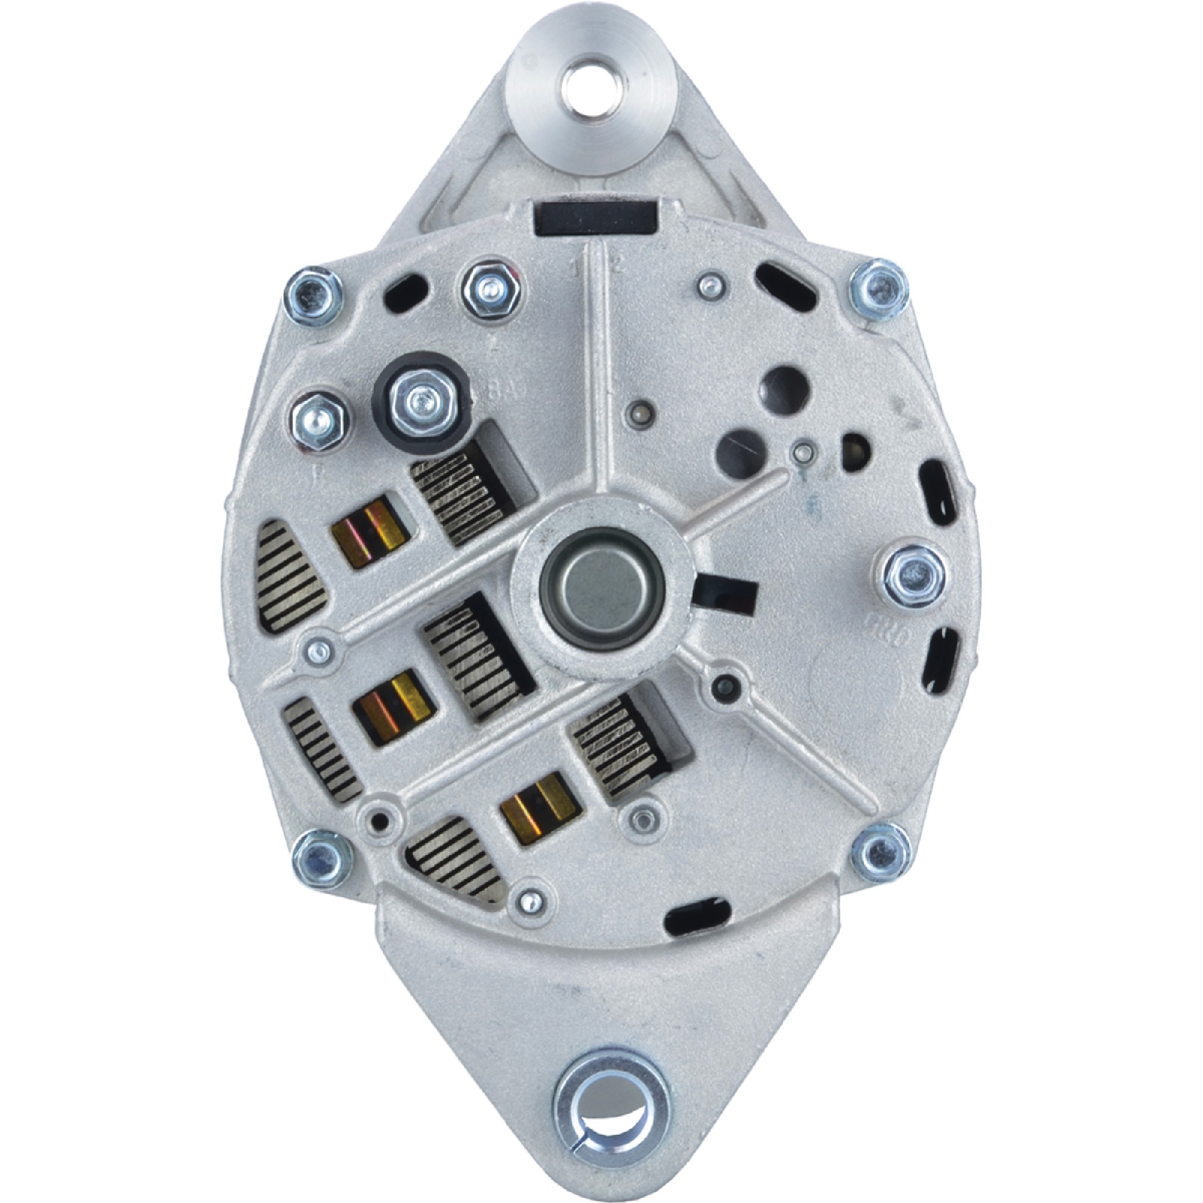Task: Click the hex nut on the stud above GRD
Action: coord(912,572)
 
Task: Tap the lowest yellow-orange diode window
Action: coord(538,808)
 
